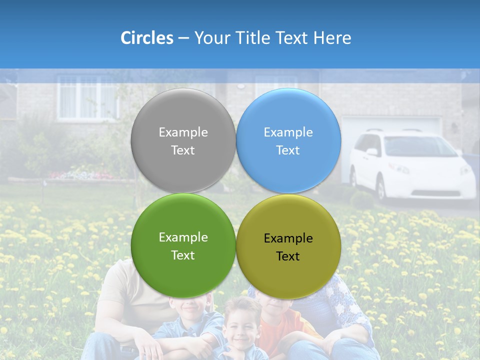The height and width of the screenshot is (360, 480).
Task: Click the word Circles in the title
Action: [147, 38]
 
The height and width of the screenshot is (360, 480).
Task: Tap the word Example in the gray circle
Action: [183, 132]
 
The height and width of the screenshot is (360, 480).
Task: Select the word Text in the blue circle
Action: [288, 150]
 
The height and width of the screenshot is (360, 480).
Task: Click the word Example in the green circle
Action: [183, 237]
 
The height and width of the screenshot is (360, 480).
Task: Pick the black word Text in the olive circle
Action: [288, 256]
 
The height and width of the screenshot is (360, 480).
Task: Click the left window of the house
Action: [87, 97]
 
